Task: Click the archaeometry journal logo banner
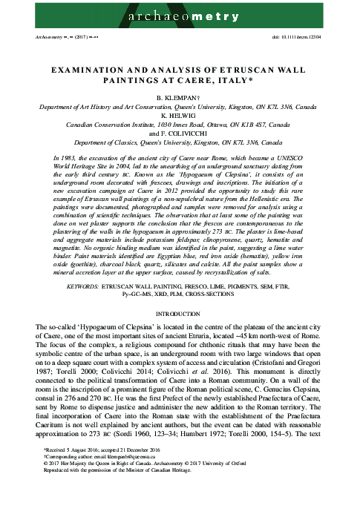click(180, 14)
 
